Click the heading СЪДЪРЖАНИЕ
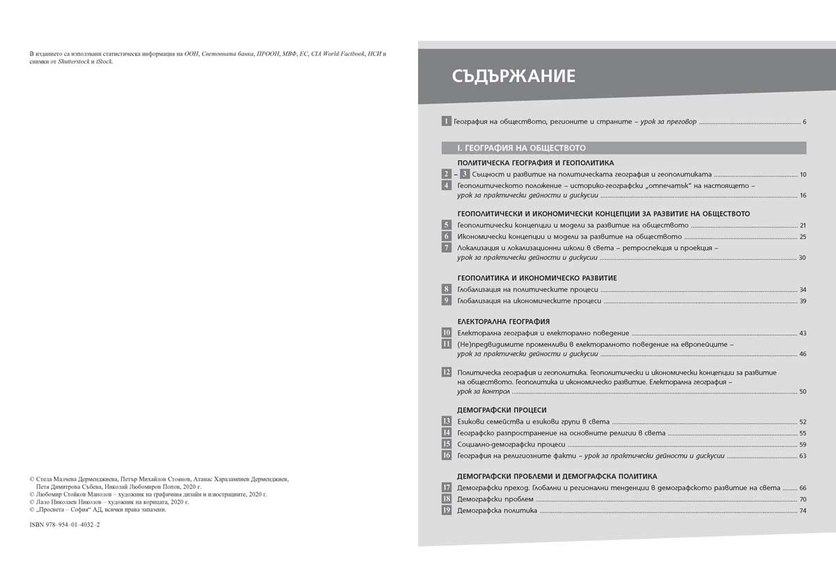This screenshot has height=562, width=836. (513, 75)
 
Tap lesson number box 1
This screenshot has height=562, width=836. (446, 122)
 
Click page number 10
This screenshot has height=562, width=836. (802, 174)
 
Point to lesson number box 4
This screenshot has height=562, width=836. (446, 186)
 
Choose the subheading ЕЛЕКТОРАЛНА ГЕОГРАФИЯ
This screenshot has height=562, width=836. (504, 322)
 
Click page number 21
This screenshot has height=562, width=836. (802, 226)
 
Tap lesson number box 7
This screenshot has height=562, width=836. (446, 248)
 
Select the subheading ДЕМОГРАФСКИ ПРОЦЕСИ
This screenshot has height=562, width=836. (502, 410)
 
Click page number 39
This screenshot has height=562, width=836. (802, 302)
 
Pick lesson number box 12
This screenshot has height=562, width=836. (446, 373)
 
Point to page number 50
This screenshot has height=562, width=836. (802, 392)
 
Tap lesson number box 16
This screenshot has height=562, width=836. (446, 455)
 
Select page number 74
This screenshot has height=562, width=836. (802, 511)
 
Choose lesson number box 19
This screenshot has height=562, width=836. (446, 511)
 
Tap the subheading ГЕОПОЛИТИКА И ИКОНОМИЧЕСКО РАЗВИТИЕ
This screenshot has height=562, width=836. (537, 278)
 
